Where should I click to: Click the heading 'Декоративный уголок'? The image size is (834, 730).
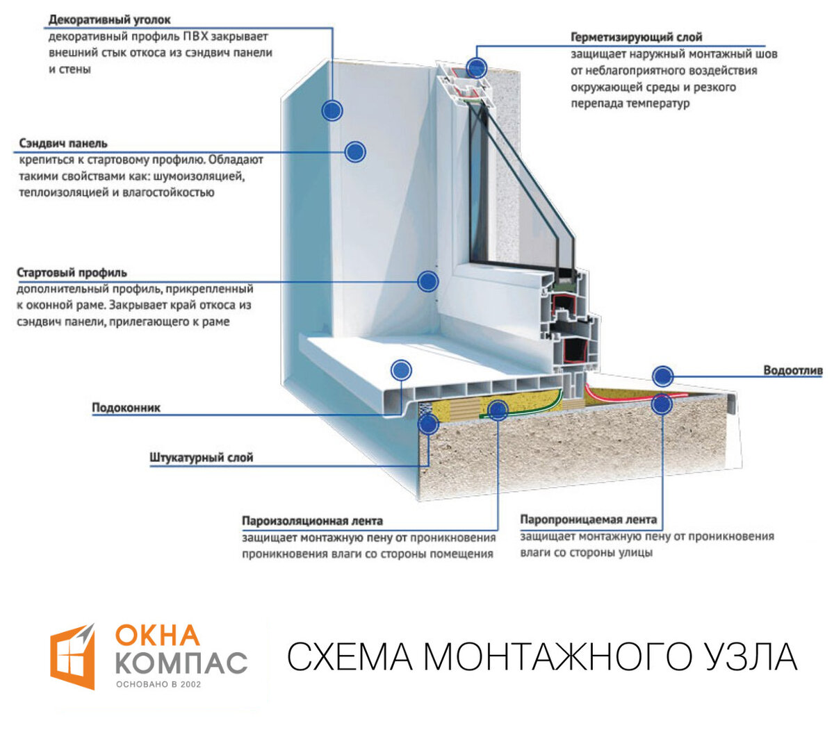click(109, 19)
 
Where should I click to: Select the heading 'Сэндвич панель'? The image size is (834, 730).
click(63, 143)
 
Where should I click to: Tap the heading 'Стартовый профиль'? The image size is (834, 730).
click(72, 272)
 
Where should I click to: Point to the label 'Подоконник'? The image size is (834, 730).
click(126, 407)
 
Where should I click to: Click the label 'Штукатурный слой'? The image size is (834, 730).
click(202, 458)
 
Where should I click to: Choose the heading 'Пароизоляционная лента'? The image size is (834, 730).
click(312, 521)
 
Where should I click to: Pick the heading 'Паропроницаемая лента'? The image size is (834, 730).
click(589, 520)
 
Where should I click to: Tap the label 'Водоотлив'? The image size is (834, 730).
click(793, 370)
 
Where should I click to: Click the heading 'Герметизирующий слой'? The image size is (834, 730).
click(637, 37)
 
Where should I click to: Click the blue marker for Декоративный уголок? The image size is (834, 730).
click(332, 110)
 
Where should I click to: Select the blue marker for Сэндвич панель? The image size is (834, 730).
click(355, 152)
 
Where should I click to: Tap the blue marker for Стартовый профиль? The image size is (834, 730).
click(428, 281)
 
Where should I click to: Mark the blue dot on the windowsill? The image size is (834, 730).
click(401, 370)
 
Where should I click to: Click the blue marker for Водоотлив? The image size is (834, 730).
click(663, 376)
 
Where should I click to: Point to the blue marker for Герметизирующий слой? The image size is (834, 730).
click(477, 67)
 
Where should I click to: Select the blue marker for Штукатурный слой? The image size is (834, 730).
click(428, 424)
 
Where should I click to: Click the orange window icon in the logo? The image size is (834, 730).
click(72, 656)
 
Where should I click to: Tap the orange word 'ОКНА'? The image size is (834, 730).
click(157, 637)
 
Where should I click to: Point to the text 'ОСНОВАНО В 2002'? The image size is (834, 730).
click(158, 685)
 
